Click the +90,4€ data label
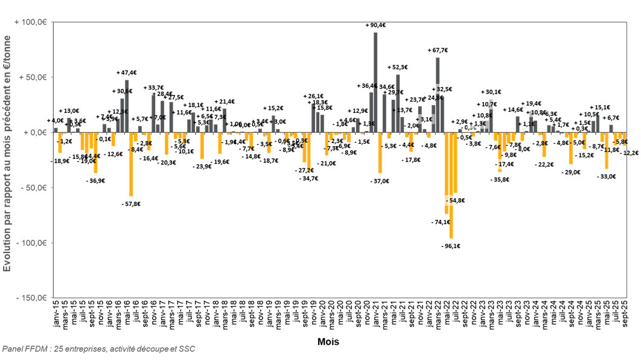[x=375, y=25]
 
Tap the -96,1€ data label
[x=451, y=246]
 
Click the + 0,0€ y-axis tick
[x=36, y=133]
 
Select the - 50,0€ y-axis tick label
[x=35, y=188]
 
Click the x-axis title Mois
[x=328, y=342]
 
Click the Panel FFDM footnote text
[x=98, y=349]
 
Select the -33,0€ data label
[x=606, y=176]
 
